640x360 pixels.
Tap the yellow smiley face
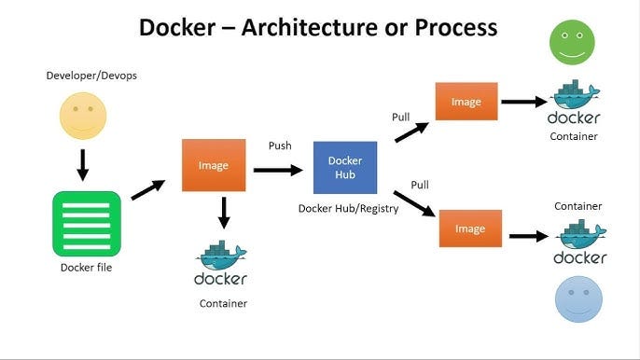(x=83, y=117)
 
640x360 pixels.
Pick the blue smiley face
(x=578, y=299)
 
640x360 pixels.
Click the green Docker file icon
(x=87, y=224)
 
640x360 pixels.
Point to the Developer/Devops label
(x=91, y=75)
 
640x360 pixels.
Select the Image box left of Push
(x=214, y=165)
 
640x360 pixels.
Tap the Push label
(x=280, y=145)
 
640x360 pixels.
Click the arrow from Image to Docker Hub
(x=277, y=170)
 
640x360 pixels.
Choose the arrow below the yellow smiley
(x=83, y=164)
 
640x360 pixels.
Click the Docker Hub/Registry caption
(x=348, y=209)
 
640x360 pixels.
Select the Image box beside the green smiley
(x=466, y=101)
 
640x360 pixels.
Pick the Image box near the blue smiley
(x=470, y=228)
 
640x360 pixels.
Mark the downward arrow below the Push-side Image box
(x=223, y=213)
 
